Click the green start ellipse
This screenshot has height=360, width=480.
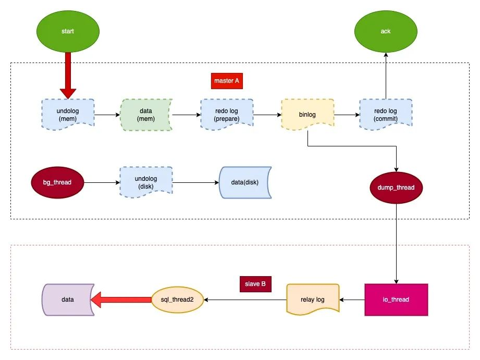(68, 31)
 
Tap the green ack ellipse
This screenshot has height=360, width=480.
(386, 31)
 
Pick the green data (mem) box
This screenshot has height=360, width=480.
(146, 115)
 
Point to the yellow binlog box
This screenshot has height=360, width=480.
(307, 114)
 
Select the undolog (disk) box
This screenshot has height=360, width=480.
(146, 182)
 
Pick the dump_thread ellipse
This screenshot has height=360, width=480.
(396, 187)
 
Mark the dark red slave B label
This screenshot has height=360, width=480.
(255, 284)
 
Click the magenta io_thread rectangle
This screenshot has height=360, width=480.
(396, 300)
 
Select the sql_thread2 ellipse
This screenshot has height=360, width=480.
(177, 300)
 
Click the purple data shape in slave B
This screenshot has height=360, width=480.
(67, 300)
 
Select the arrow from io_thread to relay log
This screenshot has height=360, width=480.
(352, 300)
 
